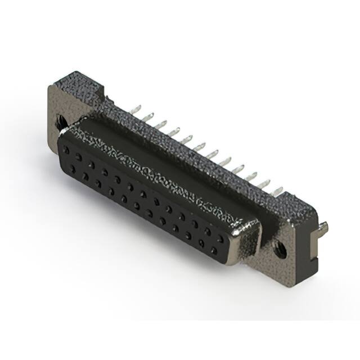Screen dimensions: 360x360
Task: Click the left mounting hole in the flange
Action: point(60,120)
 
